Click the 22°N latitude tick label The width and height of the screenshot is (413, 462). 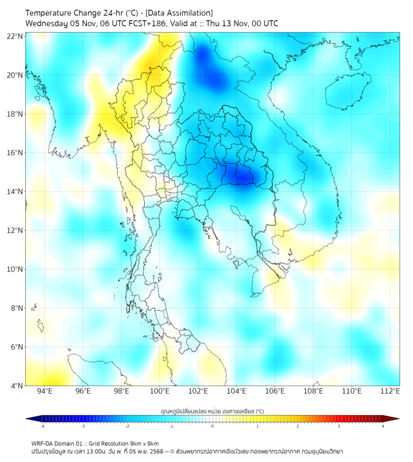15,36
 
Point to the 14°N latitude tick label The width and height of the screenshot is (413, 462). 15,191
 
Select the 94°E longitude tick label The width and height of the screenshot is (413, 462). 45,391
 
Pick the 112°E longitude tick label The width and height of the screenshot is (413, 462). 390,391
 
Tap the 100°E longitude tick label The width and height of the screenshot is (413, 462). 159,391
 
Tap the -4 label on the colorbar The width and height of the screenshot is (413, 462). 42,426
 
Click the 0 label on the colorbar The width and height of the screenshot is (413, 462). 213,426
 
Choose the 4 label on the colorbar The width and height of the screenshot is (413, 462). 383,426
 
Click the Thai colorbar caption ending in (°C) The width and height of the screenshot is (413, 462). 212,411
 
